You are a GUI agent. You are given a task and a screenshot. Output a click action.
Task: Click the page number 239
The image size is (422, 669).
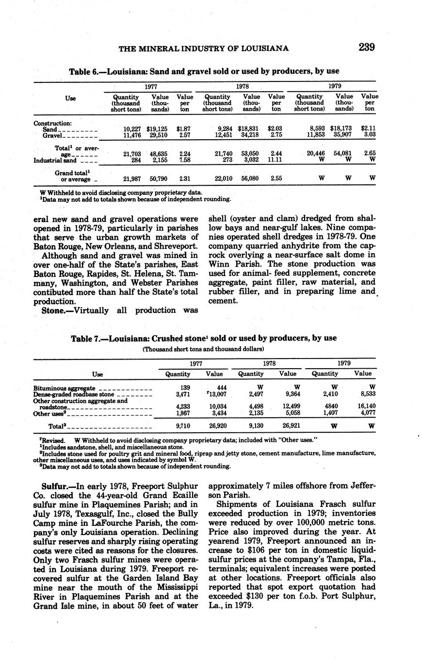coord(367,47)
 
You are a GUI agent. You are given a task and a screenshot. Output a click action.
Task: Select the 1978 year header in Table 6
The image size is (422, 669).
coord(242,85)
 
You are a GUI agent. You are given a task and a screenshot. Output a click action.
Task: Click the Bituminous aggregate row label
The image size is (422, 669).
coord(64,389)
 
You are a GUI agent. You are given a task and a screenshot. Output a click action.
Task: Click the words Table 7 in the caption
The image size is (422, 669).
coord(86,338)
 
